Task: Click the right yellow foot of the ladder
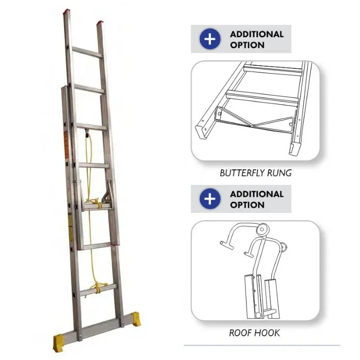click(x=136, y=319)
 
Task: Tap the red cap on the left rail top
click(x=66, y=11)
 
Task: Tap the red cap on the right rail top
click(x=100, y=23)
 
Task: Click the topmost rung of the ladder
click(x=87, y=52)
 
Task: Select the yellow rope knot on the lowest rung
click(x=99, y=287)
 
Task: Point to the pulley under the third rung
click(x=87, y=134)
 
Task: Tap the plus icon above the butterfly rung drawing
click(x=210, y=39)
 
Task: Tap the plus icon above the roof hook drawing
click(x=210, y=199)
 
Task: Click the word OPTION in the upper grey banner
click(x=247, y=45)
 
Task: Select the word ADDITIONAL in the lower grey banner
click(x=257, y=194)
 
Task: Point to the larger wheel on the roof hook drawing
click(x=263, y=229)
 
